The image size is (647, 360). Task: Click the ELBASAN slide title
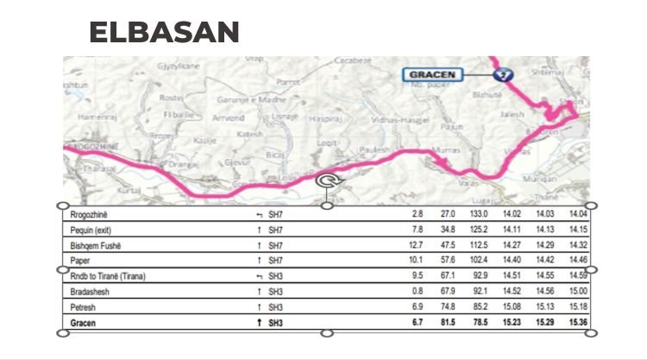pos(164,33)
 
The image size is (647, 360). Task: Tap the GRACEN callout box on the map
pos(433,75)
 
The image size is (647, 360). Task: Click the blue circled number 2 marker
pos(506,75)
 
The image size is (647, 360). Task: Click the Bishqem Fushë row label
pos(98,245)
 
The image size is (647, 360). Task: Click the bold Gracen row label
pos(85,322)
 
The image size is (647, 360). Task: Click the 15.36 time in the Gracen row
pos(577,322)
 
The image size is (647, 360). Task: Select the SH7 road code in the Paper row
pos(275,261)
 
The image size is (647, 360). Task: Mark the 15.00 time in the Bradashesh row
pos(577,291)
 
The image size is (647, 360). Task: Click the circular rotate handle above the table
pos(328,180)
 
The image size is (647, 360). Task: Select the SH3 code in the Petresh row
pos(275,306)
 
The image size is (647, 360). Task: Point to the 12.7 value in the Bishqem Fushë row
pos(416,245)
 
